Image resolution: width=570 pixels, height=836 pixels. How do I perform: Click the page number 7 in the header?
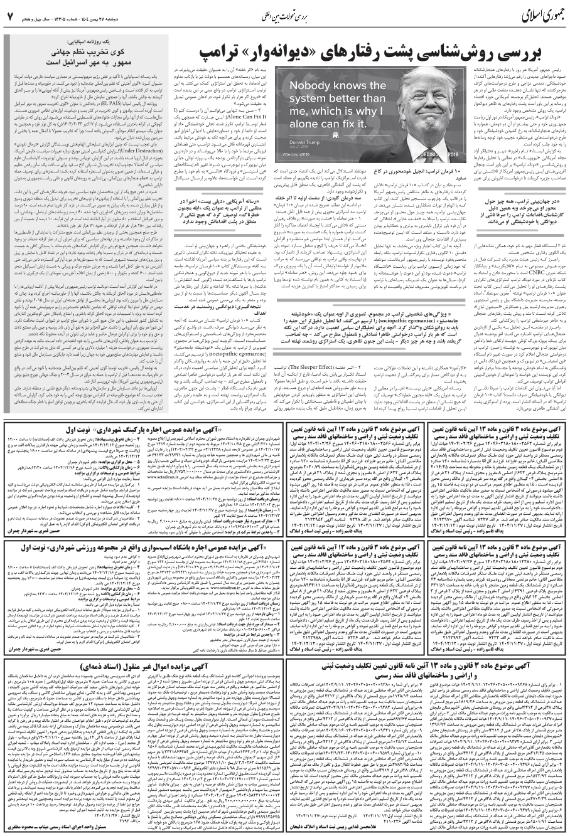tap(10, 16)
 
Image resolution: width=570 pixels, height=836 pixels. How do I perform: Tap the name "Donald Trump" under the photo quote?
tap(304, 142)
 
